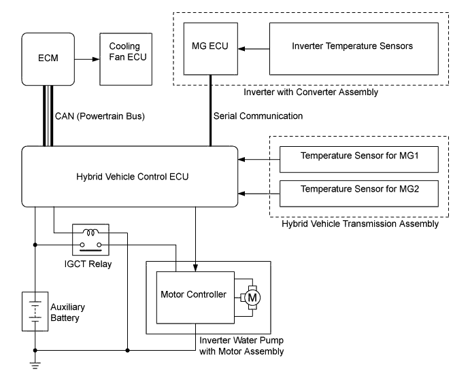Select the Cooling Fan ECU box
(x=124, y=59)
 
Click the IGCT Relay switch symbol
(x=90, y=236)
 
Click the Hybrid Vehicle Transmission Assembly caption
(x=350, y=223)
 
